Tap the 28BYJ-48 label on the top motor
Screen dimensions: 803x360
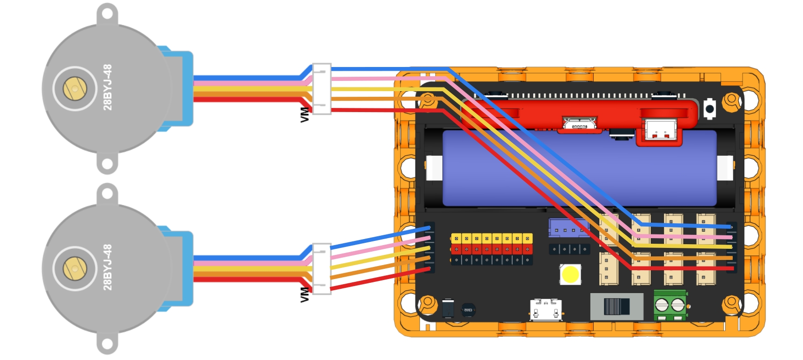107,87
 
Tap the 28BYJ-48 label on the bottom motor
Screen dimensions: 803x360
107,267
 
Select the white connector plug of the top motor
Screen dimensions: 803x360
321,89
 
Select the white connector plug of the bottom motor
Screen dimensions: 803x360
321,269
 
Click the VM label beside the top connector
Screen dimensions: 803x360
305,115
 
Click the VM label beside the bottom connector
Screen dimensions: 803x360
305,295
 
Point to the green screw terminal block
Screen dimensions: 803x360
670,305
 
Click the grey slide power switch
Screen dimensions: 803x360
617,307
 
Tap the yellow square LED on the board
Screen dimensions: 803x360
570,274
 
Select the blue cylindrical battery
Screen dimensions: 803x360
580,168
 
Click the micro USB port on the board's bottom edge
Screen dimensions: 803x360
546,310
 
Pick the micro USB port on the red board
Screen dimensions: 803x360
579,125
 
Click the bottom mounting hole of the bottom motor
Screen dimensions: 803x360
107,344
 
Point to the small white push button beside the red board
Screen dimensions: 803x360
709,109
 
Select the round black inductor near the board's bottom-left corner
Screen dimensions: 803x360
468,310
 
